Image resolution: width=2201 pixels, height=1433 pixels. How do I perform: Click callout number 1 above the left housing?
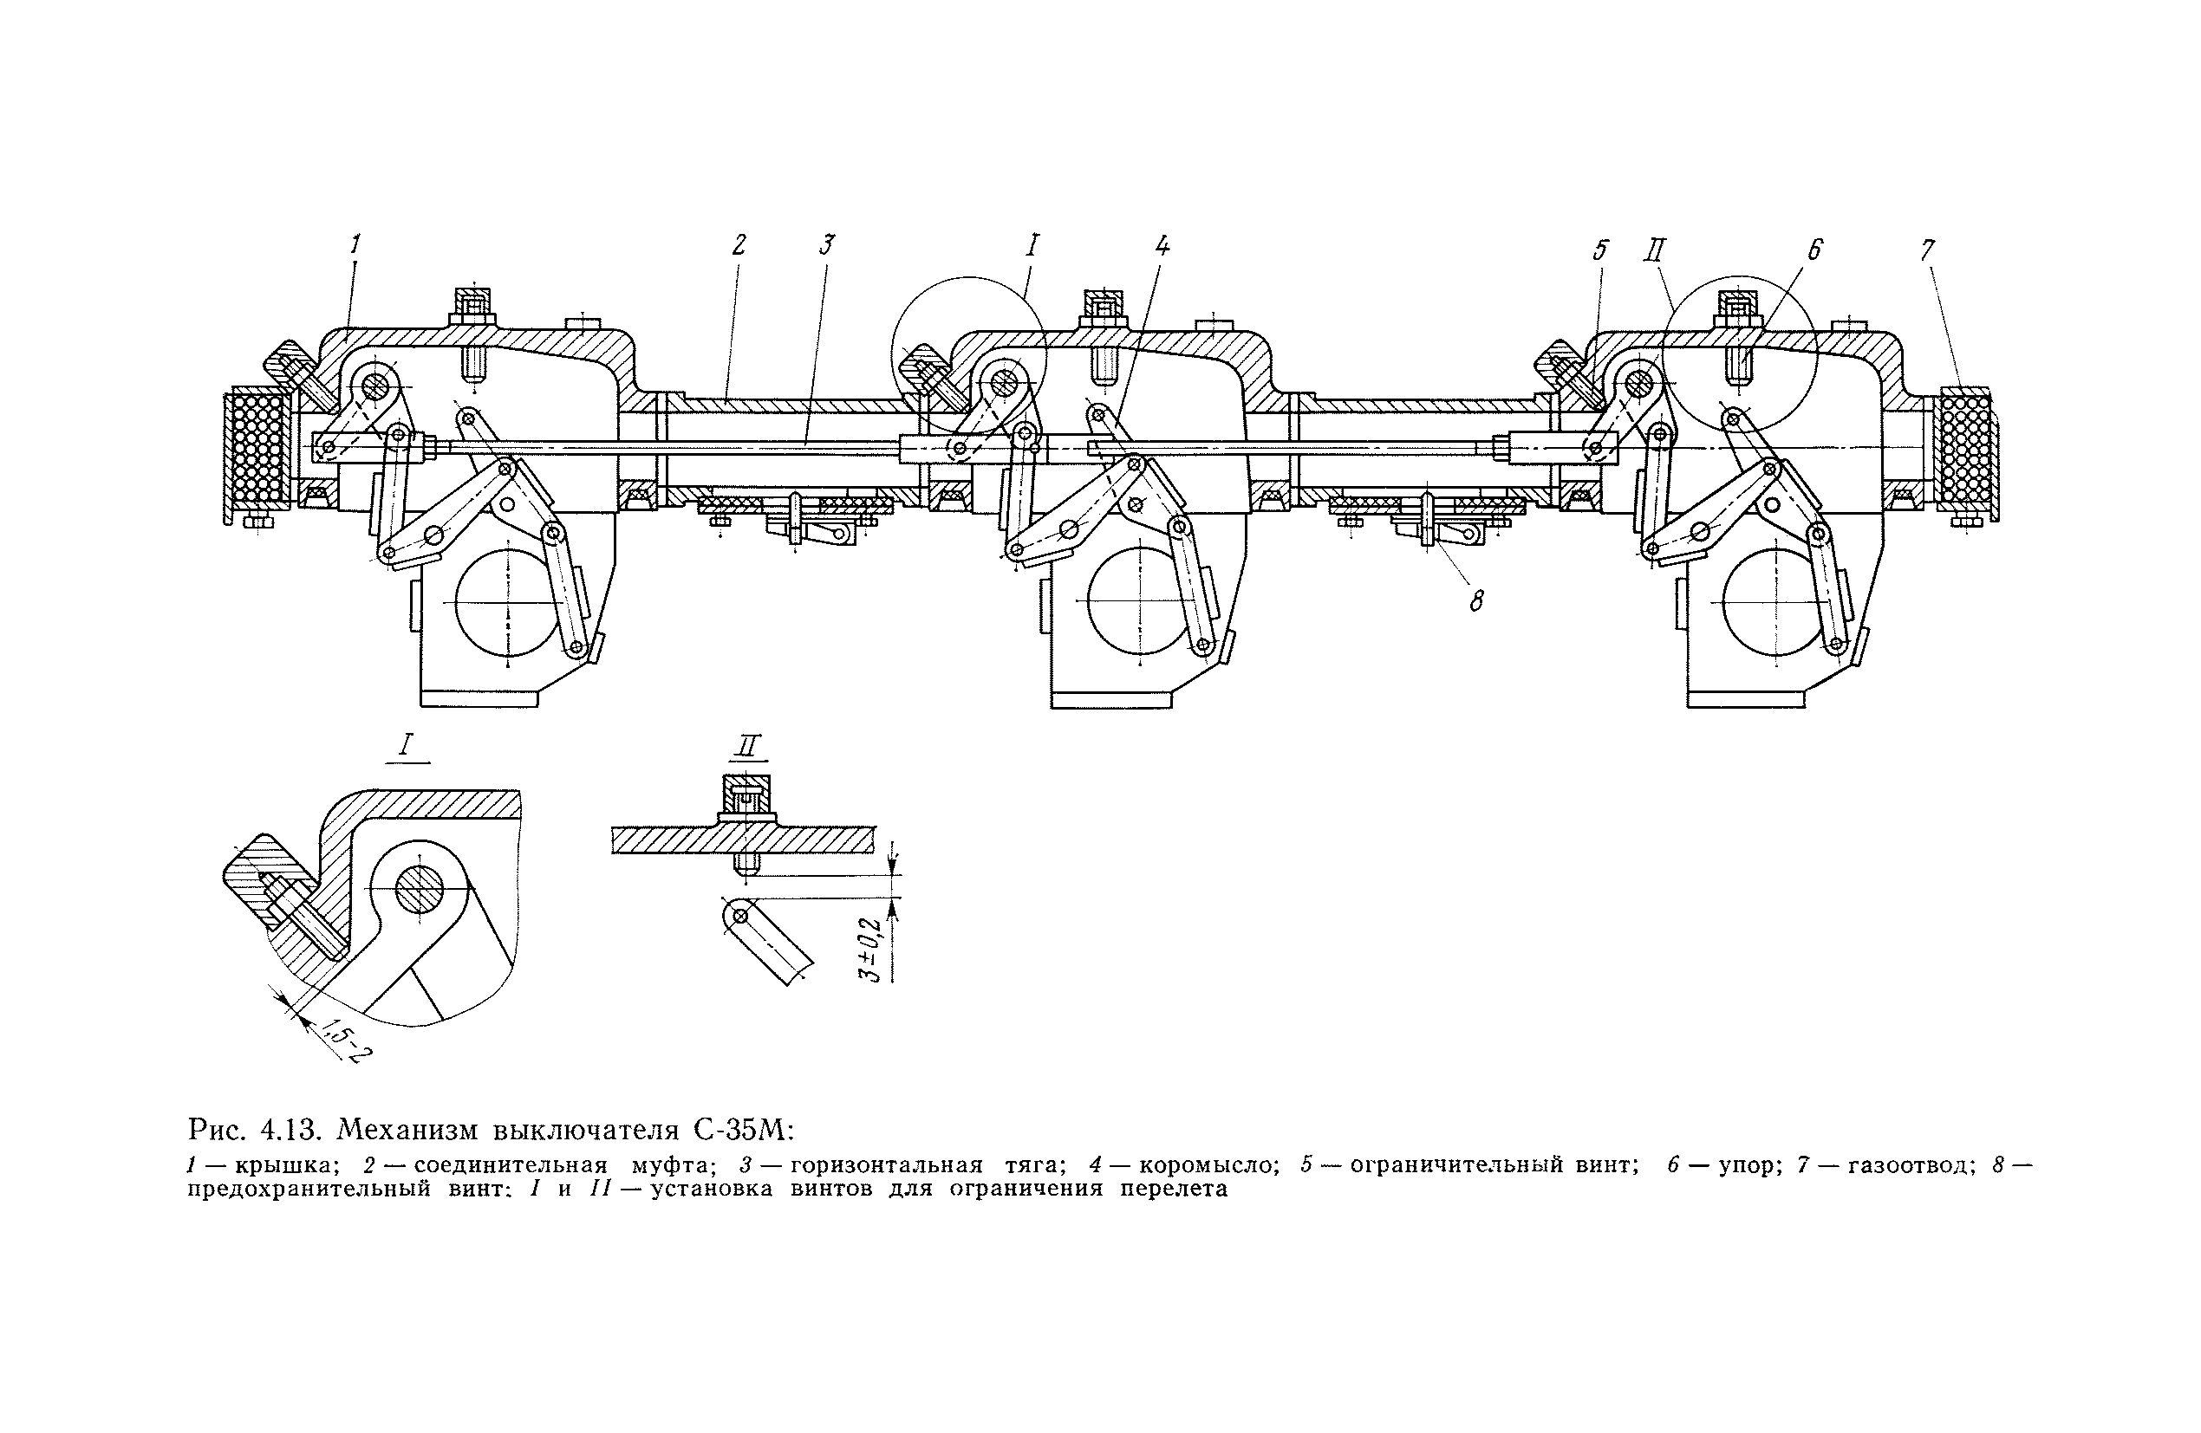(x=355, y=244)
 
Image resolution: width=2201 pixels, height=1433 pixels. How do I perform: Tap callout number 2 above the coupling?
(x=738, y=245)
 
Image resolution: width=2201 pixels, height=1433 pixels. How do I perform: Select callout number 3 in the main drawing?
(x=827, y=245)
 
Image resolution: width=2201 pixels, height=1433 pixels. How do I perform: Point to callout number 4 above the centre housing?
(x=1162, y=246)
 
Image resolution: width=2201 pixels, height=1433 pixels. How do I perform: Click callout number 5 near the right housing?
(x=1601, y=250)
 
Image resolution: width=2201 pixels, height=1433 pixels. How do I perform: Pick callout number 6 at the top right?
(x=1814, y=250)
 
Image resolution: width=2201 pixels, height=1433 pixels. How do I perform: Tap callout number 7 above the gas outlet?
(x=1927, y=250)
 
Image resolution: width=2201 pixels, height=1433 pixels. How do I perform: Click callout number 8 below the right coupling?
(x=1477, y=602)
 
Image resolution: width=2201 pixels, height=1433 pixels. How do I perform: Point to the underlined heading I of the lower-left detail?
(x=407, y=745)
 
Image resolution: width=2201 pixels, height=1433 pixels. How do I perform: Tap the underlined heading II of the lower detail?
(x=749, y=745)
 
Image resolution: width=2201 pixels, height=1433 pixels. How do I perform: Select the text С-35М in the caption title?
(x=738, y=1131)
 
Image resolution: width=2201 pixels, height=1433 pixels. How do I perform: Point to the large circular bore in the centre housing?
(x=1138, y=601)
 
